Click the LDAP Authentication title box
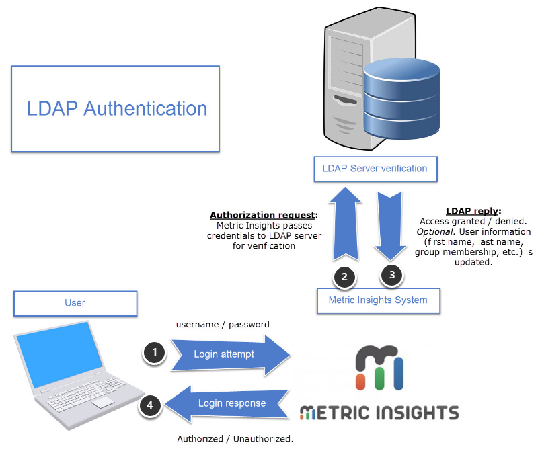pyautogui.click(x=116, y=108)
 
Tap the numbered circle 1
pyautogui.click(x=155, y=352)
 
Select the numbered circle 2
pyautogui.click(x=345, y=276)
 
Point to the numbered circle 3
pyautogui.click(x=392, y=274)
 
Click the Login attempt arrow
pyautogui.click(x=229, y=354)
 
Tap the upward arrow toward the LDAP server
pyautogui.click(x=345, y=224)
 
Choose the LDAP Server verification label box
pyautogui.click(x=376, y=168)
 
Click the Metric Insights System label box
pyautogui.click(x=378, y=300)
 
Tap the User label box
pyautogui.click(x=75, y=302)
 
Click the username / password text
pyautogui.click(x=223, y=324)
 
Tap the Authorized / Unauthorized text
pyautogui.click(x=235, y=439)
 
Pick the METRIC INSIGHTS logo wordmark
pyautogui.click(x=379, y=412)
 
